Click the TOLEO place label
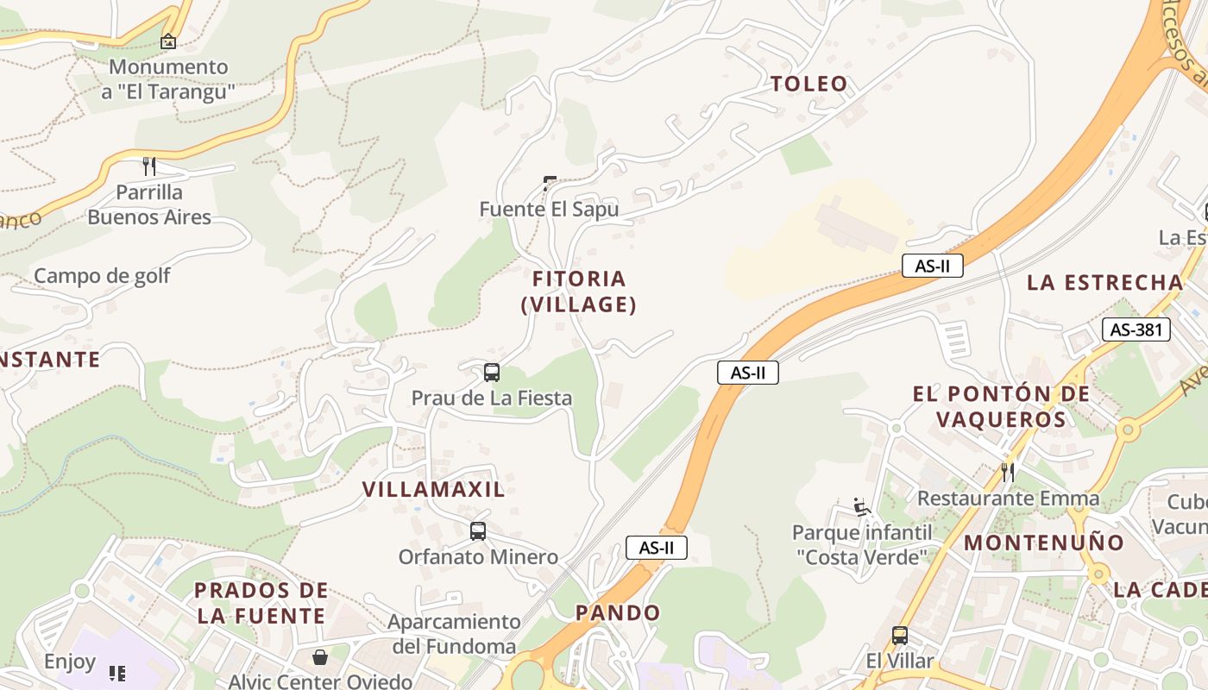[808, 84]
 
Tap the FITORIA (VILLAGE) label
[579, 292]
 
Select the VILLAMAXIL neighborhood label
[433, 489]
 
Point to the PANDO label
[618, 613]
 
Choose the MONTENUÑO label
[1044, 543]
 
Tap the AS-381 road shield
[1136, 329]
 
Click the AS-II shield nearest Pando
[656, 548]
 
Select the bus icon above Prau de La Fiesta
[492, 373]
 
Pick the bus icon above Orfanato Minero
[478, 531]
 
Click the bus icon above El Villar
[900, 636]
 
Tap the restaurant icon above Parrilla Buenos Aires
[149, 166]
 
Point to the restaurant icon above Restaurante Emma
[1007, 472]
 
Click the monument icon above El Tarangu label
[168, 41]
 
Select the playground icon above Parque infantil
[860, 506]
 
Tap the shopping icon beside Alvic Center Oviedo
[320, 657]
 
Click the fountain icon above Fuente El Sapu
[550, 183]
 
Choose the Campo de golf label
[102, 276]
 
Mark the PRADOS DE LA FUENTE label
[261, 603]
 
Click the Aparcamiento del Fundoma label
[454, 633]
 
